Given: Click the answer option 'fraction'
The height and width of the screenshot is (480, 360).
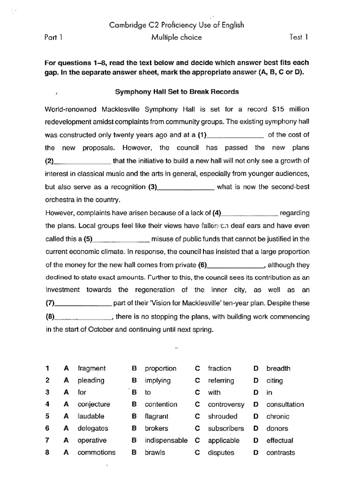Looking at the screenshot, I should coord(219,368).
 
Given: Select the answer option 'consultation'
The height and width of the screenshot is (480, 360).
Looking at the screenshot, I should coord(285,404).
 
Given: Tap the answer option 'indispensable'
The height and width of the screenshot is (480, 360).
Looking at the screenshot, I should coord(166,440).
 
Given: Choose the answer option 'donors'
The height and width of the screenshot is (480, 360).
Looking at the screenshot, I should coord(277,428).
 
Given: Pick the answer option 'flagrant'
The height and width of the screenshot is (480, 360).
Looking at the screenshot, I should coord(157,416).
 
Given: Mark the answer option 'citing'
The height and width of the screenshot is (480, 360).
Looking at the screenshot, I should coord(275,381).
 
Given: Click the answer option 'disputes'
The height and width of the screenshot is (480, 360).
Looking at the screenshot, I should coord(220,452).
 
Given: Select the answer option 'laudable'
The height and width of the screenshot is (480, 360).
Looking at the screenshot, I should coord(91,416).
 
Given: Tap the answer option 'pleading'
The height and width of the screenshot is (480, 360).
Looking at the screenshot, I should coord(91,381).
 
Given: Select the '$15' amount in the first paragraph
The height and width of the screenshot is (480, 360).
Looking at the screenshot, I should coord(278,109).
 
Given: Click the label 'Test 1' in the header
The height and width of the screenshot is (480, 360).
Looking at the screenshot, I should coord(299,37).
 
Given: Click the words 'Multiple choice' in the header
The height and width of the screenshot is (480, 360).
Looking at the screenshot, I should coord(176,37).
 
